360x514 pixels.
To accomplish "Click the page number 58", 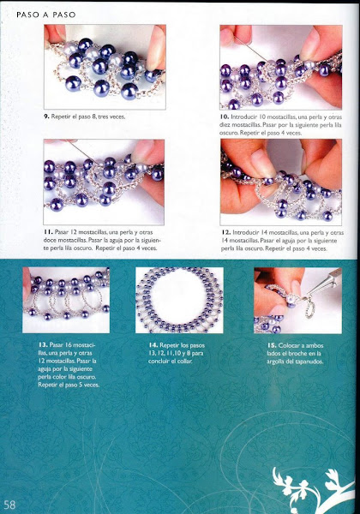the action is [9, 504].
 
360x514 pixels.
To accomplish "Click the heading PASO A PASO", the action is [46, 15].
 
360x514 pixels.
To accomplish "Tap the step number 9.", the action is [47, 117].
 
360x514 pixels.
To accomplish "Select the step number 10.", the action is [225, 117].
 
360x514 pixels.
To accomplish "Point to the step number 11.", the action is [48, 232].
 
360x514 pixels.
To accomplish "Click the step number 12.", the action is [226, 233].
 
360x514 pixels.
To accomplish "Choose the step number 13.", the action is [43, 345].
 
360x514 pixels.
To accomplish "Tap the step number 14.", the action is [153, 345].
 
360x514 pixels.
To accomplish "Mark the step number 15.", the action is [272, 345].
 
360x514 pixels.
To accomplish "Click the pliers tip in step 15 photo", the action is [309, 294].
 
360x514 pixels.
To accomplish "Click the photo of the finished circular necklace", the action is [180, 300].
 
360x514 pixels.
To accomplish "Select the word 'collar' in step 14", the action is [185, 362].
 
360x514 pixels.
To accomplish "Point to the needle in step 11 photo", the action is [81, 151].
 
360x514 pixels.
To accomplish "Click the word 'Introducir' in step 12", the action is [245, 233].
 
